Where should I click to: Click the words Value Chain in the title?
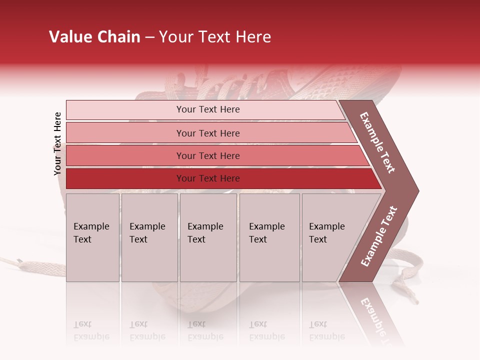pyautogui.click(x=94, y=37)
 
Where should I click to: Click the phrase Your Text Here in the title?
pyautogui.click(x=215, y=37)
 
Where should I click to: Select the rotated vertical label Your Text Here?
pyautogui.click(x=57, y=143)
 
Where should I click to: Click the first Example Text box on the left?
pyautogui.click(x=92, y=237)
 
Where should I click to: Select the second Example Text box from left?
pyautogui.click(x=149, y=237)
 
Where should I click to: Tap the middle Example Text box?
pyautogui.click(x=208, y=237)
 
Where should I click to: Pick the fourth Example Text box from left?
pyautogui.click(x=269, y=237)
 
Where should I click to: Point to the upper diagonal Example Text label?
pyautogui.click(x=377, y=142)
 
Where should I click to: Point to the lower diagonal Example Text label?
pyautogui.click(x=379, y=236)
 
